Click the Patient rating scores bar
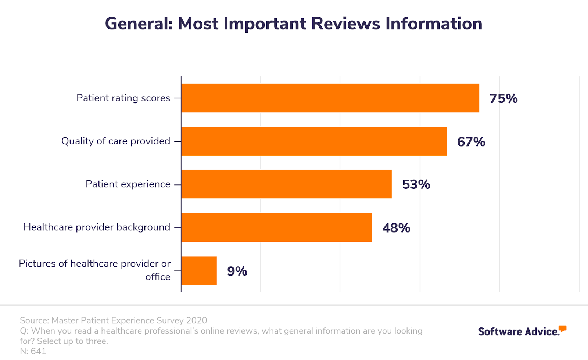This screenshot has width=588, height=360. [x=330, y=98]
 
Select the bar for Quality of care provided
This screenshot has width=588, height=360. [x=314, y=141]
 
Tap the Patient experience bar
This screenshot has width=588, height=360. [x=286, y=184]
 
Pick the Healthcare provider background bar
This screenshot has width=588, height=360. [x=276, y=227]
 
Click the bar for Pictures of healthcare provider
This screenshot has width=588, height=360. [x=199, y=271]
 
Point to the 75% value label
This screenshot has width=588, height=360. [x=503, y=98]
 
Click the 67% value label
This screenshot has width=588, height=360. [x=471, y=142]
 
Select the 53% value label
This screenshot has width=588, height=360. [x=416, y=184]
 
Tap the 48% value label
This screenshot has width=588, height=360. [x=396, y=228]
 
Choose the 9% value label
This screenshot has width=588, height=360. [x=237, y=271]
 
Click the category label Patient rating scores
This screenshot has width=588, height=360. [x=123, y=98]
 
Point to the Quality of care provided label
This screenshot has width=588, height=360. [x=116, y=141]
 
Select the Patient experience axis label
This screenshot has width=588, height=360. [x=128, y=184]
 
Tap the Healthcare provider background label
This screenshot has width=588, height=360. [x=97, y=227]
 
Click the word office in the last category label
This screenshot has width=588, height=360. [x=158, y=277]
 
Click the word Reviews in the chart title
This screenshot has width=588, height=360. [x=345, y=24]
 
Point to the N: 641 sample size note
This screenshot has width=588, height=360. [x=33, y=352]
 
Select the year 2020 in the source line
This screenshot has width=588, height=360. [x=196, y=321]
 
